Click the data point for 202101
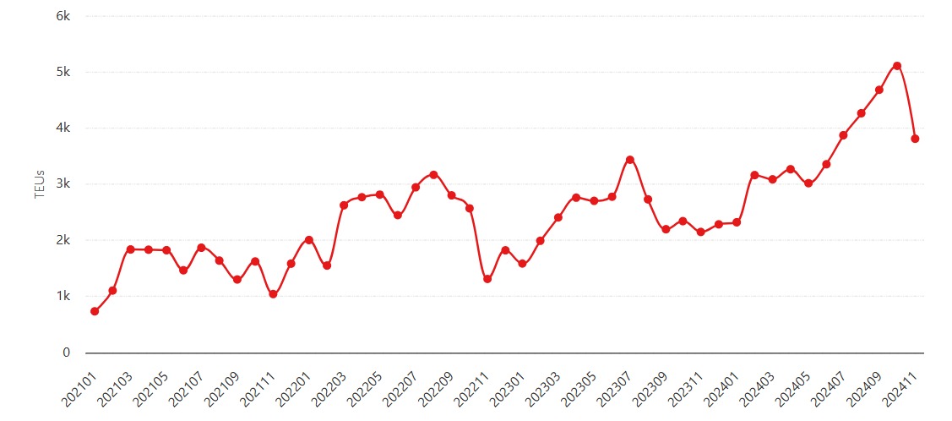coord(95,311)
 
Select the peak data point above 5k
coord(897,66)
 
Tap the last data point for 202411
coord(915,139)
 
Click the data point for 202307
coord(629,159)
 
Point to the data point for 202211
coord(487,279)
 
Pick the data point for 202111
coord(273,294)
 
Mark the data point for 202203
coord(344,205)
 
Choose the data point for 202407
coord(843,134)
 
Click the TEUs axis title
coord(40,184)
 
